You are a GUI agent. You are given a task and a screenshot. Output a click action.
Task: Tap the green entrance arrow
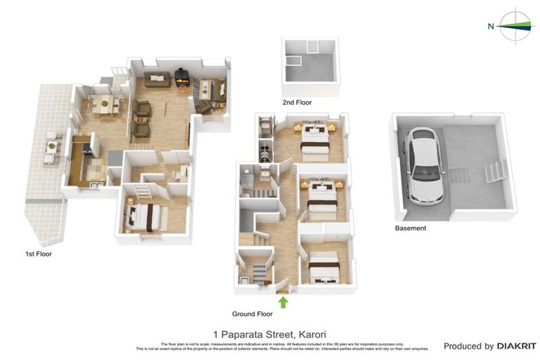click(x=283, y=302)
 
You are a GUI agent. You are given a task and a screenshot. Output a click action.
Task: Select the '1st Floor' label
click(x=38, y=254)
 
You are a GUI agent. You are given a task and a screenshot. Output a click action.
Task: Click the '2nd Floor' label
click(x=297, y=103)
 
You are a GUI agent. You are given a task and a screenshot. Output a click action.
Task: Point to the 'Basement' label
click(x=410, y=228)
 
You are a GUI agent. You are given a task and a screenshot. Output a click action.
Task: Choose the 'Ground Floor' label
click(x=252, y=314)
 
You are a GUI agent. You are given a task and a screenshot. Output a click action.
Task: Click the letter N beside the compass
click(x=491, y=27)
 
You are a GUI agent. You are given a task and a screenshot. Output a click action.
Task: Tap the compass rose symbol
click(x=517, y=26)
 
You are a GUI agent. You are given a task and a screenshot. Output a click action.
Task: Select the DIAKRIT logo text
click(x=516, y=346)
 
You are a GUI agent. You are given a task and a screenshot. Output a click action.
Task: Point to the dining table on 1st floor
click(x=105, y=104)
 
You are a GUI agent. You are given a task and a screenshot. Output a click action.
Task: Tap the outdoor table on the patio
click(x=51, y=146)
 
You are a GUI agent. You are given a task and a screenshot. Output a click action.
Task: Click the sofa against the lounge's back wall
click(x=157, y=79)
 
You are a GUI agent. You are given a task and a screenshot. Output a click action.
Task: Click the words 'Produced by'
click(x=468, y=346)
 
